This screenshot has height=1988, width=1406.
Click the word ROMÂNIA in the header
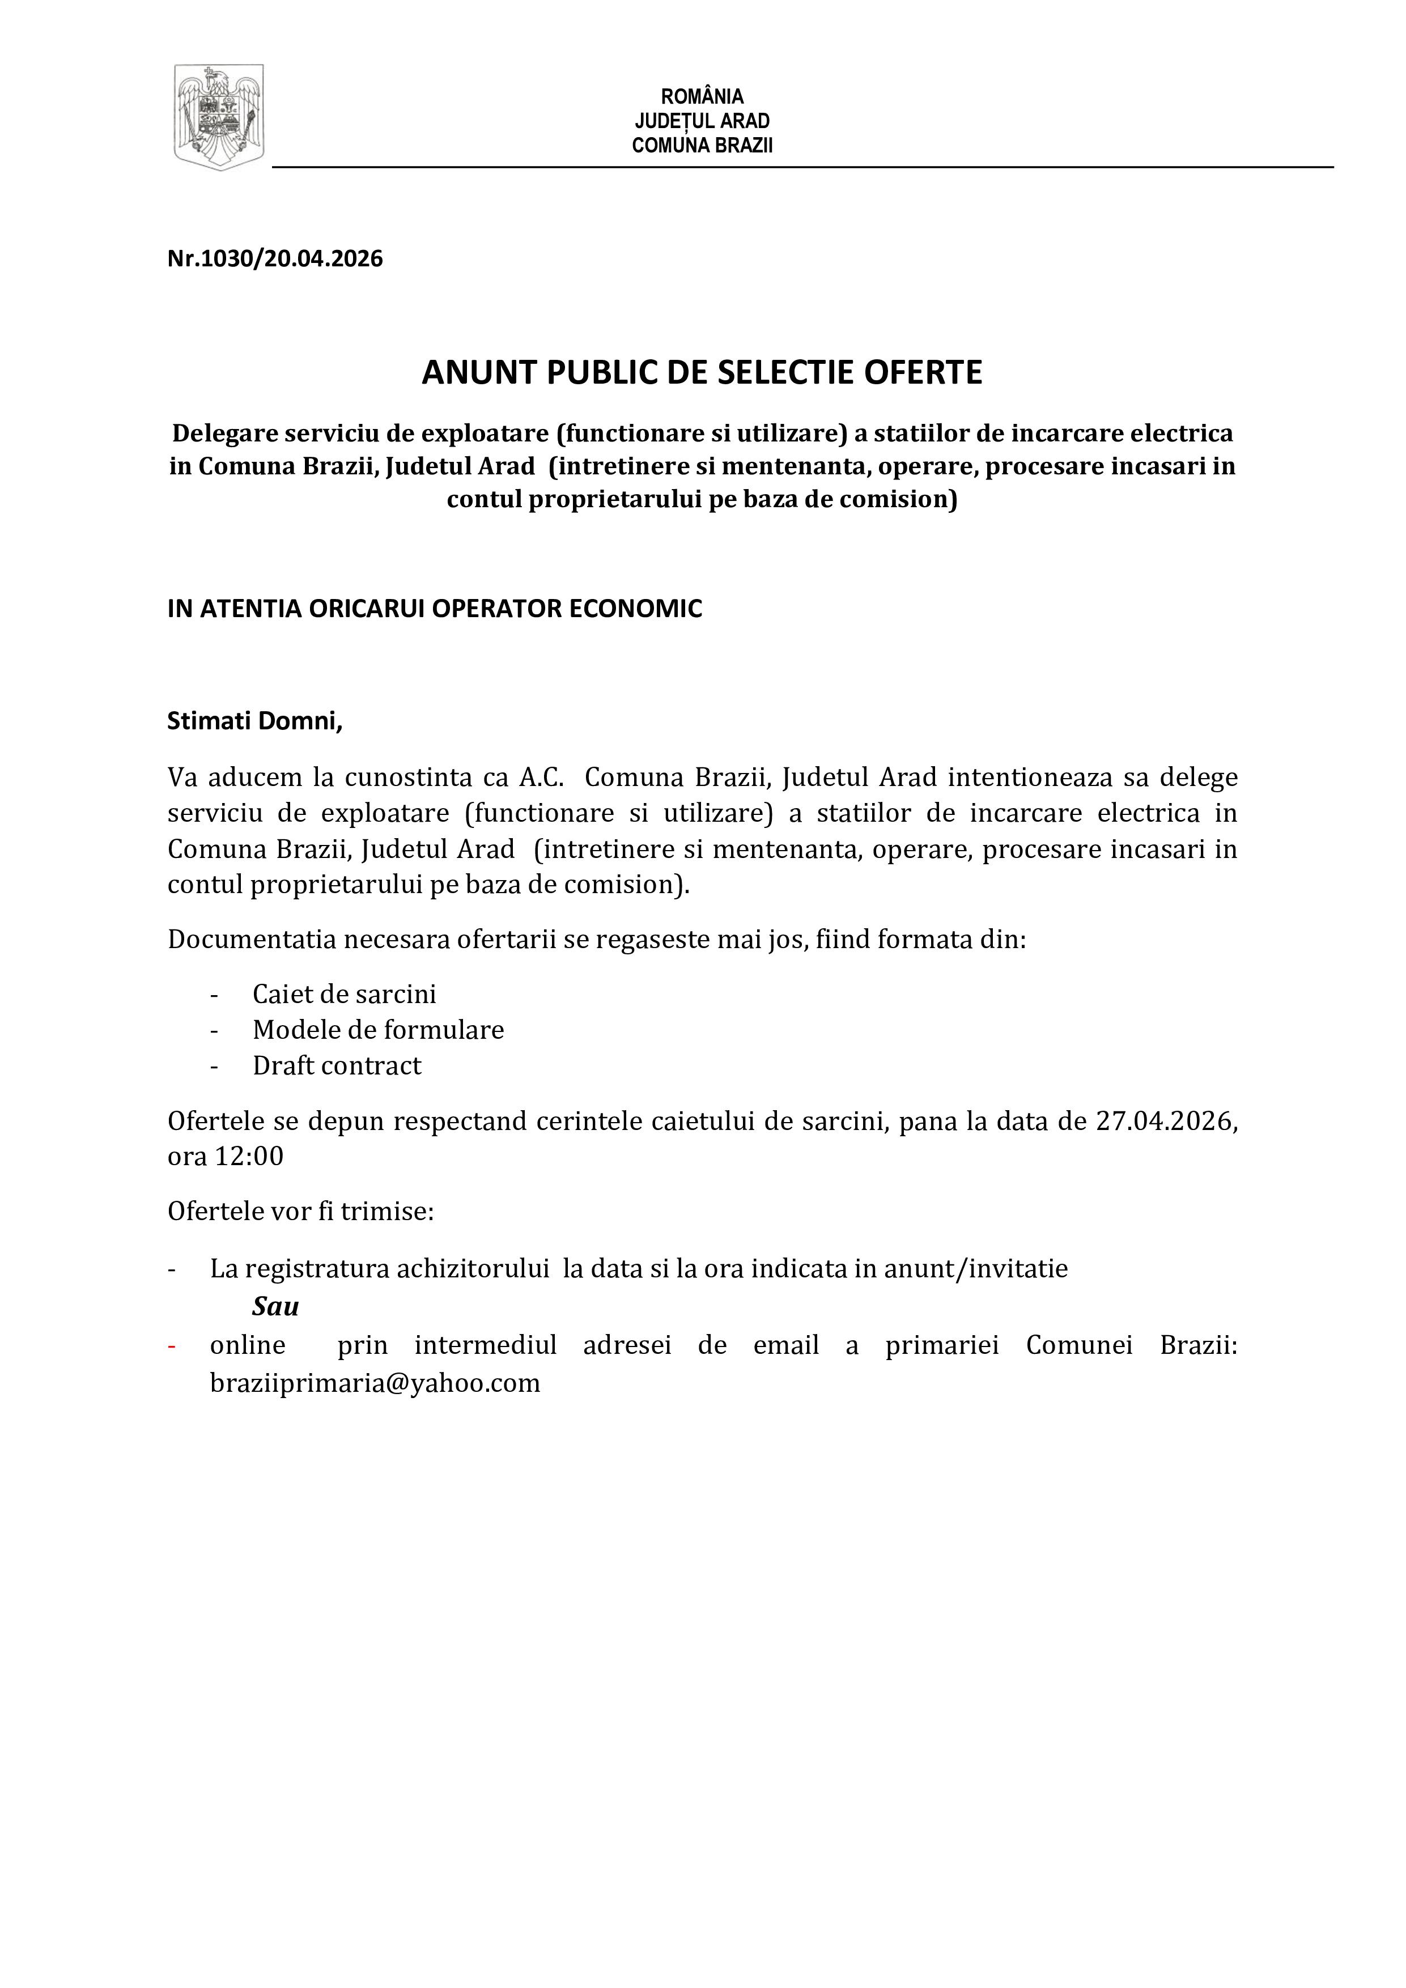(702, 96)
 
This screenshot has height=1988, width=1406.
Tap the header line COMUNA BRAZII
(702, 146)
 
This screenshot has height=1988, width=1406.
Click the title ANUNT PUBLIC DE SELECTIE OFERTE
(702, 372)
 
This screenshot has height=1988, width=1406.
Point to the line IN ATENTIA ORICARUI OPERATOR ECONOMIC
(435, 609)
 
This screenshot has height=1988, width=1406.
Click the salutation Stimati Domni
(254, 721)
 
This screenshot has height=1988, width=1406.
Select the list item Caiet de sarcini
(345, 994)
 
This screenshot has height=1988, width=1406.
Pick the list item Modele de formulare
(379, 1030)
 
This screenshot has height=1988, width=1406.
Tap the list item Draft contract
(337, 1066)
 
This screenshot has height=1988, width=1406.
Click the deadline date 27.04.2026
(1163, 1122)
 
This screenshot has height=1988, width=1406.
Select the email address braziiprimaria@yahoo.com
(375, 1383)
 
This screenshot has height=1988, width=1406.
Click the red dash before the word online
(172, 1345)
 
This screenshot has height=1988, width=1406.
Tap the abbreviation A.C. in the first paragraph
(541, 778)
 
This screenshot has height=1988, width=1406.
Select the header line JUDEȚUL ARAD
(702, 121)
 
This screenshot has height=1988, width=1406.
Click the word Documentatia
(251, 940)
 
